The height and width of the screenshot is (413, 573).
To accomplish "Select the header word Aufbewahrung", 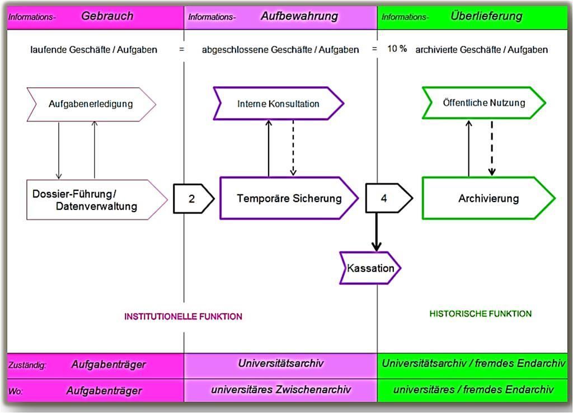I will [x=299, y=16].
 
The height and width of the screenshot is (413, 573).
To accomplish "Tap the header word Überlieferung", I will [x=486, y=16].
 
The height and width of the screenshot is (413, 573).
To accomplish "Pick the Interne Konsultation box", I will [x=278, y=104].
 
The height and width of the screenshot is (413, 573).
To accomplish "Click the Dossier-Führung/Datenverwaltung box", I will [x=90, y=200].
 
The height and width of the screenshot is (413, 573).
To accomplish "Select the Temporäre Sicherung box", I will [x=289, y=198].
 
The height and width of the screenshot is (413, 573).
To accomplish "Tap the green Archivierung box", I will [x=488, y=198].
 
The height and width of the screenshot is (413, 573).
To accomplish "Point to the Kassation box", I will [x=370, y=268].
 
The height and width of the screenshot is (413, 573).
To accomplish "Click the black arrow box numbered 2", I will [x=192, y=198].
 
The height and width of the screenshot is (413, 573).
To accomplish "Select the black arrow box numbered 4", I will [x=384, y=198].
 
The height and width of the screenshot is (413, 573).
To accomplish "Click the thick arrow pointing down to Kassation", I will [x=377, y=232].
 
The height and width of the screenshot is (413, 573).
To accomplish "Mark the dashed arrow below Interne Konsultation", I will [x=293, y=148].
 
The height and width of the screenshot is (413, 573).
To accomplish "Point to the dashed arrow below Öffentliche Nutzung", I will [x=491, y=148].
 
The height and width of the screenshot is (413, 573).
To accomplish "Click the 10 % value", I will [x=397, y=49].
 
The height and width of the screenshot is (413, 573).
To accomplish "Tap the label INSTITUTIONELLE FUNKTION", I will [x=183, y=317].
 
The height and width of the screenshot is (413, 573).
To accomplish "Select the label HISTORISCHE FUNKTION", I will [x=480, y=314].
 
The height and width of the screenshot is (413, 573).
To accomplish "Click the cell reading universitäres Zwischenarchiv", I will [x=280, y=390].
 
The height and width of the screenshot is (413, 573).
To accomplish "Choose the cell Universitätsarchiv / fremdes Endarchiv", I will [x=473, y=364].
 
